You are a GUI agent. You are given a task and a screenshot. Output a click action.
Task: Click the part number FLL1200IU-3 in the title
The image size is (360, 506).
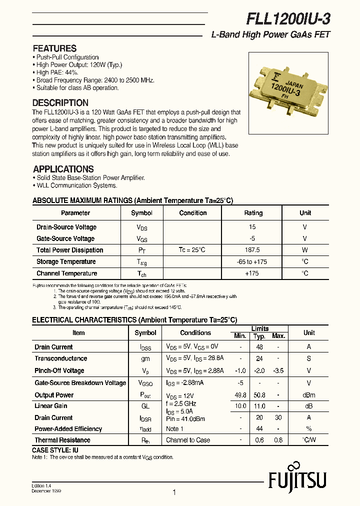tap(287, 19)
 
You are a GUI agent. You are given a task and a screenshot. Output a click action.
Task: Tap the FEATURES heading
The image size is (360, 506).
tap(54, 48)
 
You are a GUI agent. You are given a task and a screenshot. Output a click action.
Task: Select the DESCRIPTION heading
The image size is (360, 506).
tap(60, 103)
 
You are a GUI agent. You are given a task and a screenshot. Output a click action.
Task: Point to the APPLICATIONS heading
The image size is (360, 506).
tap(63, 169)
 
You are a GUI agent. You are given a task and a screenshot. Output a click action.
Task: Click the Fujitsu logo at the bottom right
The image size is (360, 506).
tap(297, 481)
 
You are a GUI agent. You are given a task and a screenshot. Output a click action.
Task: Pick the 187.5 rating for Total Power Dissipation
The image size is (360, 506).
tap(253, 250)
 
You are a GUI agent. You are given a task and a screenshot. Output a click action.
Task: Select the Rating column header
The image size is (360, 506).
tap(253, 213)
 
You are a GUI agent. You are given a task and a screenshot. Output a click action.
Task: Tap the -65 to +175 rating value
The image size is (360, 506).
tap(253, 261)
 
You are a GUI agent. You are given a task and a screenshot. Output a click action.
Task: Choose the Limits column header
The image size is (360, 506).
tap(260, 328)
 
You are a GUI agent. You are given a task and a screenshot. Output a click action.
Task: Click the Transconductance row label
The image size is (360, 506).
tap(60, 358)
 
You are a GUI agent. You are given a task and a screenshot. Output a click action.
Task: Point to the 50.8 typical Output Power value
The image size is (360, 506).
tap(259, 394)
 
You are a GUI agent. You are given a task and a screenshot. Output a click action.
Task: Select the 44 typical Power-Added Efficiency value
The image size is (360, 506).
tap(259, 429)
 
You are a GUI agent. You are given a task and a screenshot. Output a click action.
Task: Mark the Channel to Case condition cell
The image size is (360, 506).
tap(188, 440)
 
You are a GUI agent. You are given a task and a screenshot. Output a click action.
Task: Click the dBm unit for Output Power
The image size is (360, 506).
tap(308, 394)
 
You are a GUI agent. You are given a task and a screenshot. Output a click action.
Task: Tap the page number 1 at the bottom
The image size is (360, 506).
tap(174, 492)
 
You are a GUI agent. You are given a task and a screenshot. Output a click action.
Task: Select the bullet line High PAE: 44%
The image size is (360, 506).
tap(57, 72)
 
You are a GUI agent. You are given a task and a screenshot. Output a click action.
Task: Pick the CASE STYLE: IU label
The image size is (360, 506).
tap(55, 450)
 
